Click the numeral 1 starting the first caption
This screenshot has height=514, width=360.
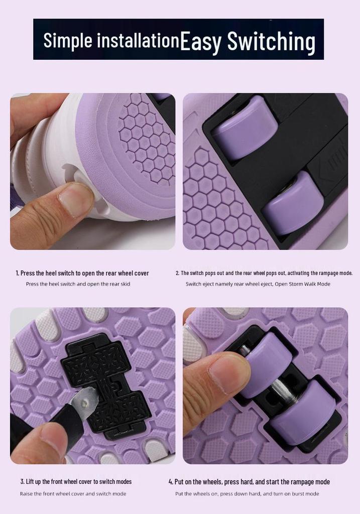(17, 274)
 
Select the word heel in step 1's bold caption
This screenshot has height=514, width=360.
(51, 273)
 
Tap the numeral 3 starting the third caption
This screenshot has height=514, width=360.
(22, 481)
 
